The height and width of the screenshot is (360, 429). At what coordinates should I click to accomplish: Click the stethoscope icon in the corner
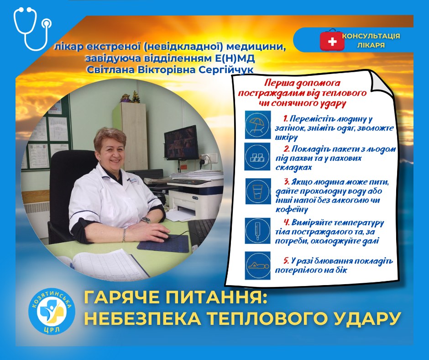coord(31,28)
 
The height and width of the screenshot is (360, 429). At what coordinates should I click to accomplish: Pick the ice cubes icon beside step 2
coord(256,156)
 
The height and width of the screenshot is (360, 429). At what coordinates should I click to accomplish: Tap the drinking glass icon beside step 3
coord(256,191)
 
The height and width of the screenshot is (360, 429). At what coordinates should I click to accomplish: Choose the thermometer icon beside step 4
coord(256,228)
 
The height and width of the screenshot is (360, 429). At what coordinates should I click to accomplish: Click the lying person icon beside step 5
coord(256,265)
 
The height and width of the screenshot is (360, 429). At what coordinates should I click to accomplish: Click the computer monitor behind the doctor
coord(181,142)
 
